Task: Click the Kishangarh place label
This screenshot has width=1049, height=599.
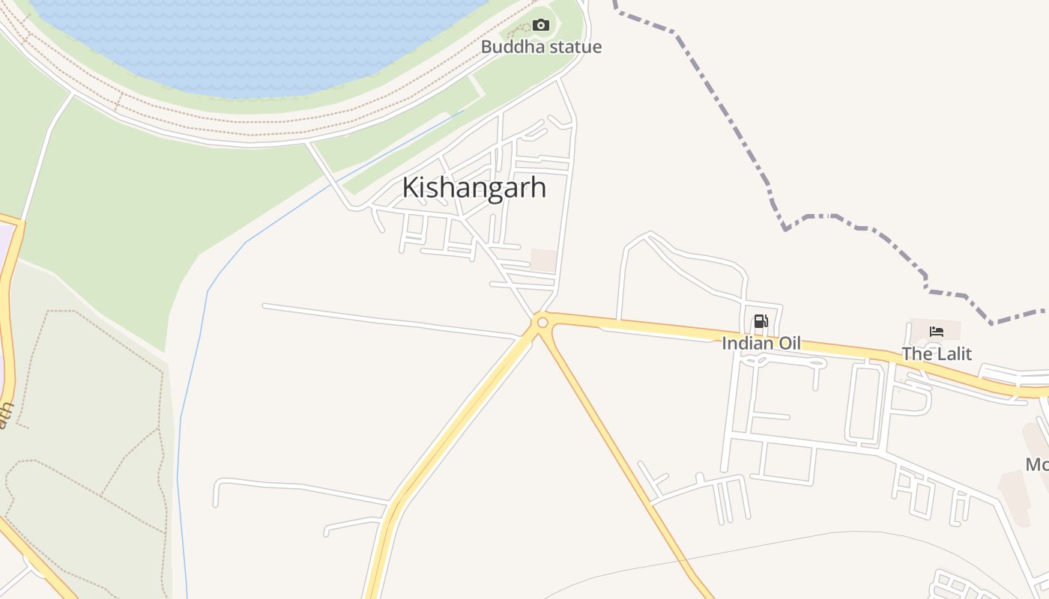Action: point(474,187)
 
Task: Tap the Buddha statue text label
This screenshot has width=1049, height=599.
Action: point(541,47)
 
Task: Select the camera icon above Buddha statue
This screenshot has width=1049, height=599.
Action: point(541,25)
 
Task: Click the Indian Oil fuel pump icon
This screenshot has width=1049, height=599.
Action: point(761,322)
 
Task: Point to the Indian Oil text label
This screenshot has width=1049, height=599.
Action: point(761,344)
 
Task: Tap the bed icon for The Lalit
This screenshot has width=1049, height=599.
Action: point(936,331)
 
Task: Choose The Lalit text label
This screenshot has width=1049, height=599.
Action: point(937,353)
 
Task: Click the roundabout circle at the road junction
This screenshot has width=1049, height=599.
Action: point(542,323)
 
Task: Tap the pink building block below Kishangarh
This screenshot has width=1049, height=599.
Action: point(544,260)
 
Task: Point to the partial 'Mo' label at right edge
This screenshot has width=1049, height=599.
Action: point(1037,464)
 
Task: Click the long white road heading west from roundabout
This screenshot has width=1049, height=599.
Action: point(390,320)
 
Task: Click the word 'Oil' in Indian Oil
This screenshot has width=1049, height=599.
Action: point(787,344)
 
